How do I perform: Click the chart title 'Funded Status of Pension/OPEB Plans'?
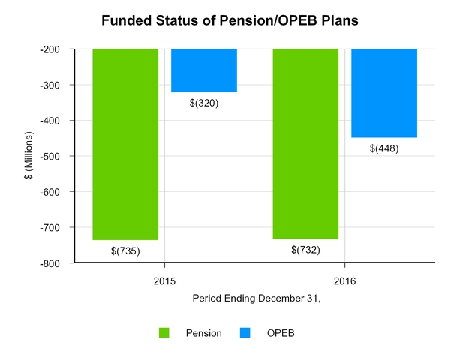pos(230,20)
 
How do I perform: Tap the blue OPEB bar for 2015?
pos(204,70)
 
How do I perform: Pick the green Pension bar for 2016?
pos(305,143)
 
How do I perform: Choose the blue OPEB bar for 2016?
pos(384,93)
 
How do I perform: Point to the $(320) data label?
pos(204,103)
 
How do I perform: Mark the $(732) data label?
pos(305,250)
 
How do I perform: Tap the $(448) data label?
pos(384,148)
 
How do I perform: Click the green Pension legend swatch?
pos(164,332)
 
